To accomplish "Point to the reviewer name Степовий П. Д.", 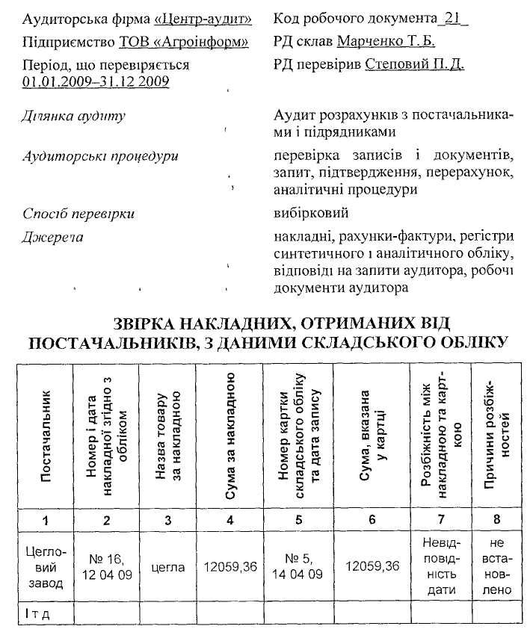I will coord(415,64).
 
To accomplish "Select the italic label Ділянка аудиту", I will coord(74,117).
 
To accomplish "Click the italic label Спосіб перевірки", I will coord(78,214).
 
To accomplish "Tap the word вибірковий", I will coord(312,214).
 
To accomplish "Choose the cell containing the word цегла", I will coord(168,567).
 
